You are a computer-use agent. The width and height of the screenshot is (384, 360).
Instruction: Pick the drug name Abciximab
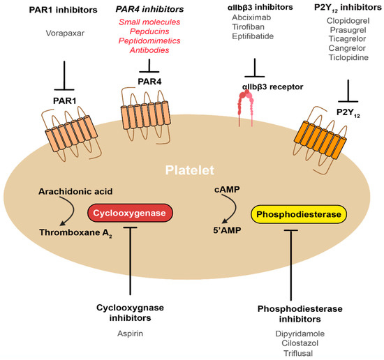pyautogui.click(x=253, y=20)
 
